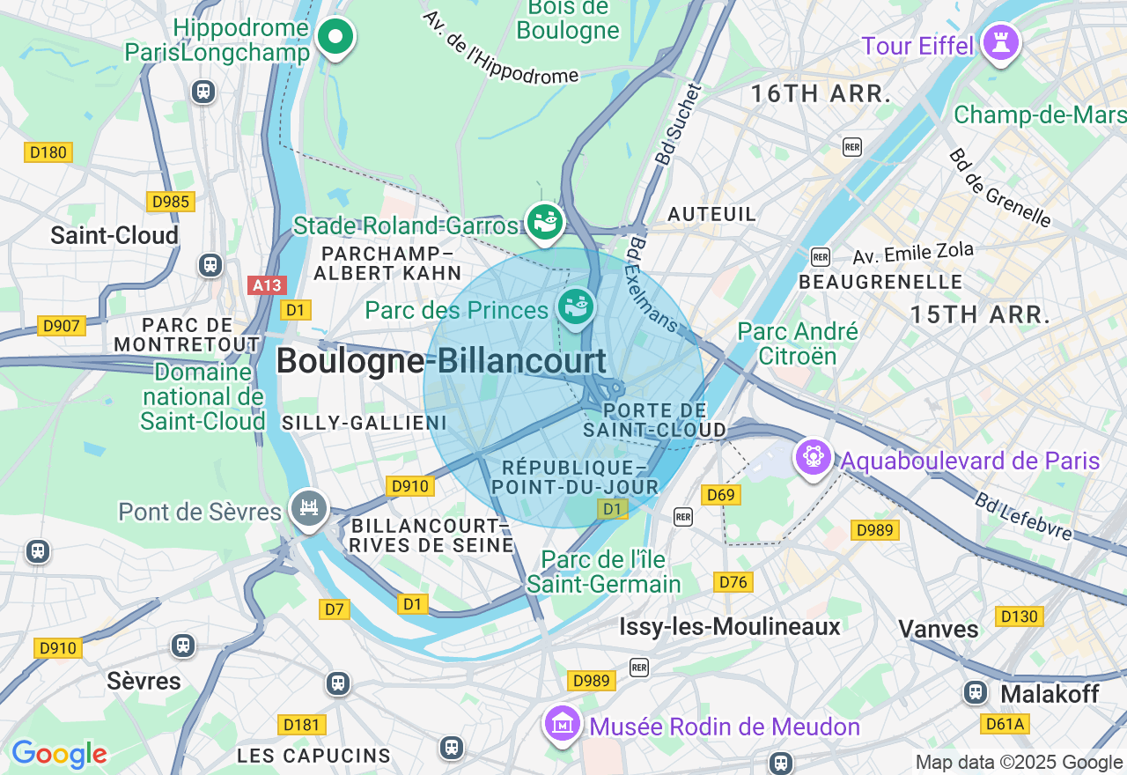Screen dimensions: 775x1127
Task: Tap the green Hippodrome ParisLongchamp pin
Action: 335,37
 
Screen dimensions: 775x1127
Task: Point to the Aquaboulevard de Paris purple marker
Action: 813,456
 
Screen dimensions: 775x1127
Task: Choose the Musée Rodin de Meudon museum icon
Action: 563,723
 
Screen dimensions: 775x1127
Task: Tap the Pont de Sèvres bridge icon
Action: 309,507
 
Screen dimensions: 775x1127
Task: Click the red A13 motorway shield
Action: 267,285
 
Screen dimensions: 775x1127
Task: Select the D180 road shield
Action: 48,152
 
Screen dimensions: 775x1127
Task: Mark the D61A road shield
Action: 1005,724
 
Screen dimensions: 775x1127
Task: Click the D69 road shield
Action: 720,495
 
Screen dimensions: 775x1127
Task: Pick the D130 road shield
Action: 1019,616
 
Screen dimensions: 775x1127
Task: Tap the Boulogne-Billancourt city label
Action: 441,361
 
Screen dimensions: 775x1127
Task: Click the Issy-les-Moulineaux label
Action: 730,626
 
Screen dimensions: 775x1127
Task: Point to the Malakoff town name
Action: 1050,694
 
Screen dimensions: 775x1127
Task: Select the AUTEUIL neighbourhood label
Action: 711,214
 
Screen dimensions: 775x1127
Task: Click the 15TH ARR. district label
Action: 980,314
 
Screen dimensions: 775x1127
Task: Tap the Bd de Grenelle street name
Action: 999,188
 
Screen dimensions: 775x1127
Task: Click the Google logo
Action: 59,754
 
